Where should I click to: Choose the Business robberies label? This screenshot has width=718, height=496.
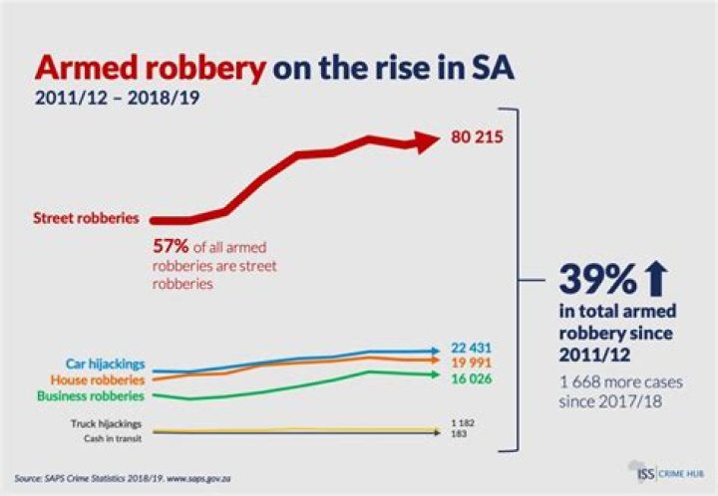(91, 395)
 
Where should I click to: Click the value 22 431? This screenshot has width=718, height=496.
(472, 347)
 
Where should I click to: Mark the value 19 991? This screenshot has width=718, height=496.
(472, 363)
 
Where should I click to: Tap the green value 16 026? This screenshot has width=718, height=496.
(472, 378)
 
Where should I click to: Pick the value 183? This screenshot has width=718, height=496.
(460, 435)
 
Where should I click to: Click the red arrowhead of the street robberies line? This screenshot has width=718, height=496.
(426, 141)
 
